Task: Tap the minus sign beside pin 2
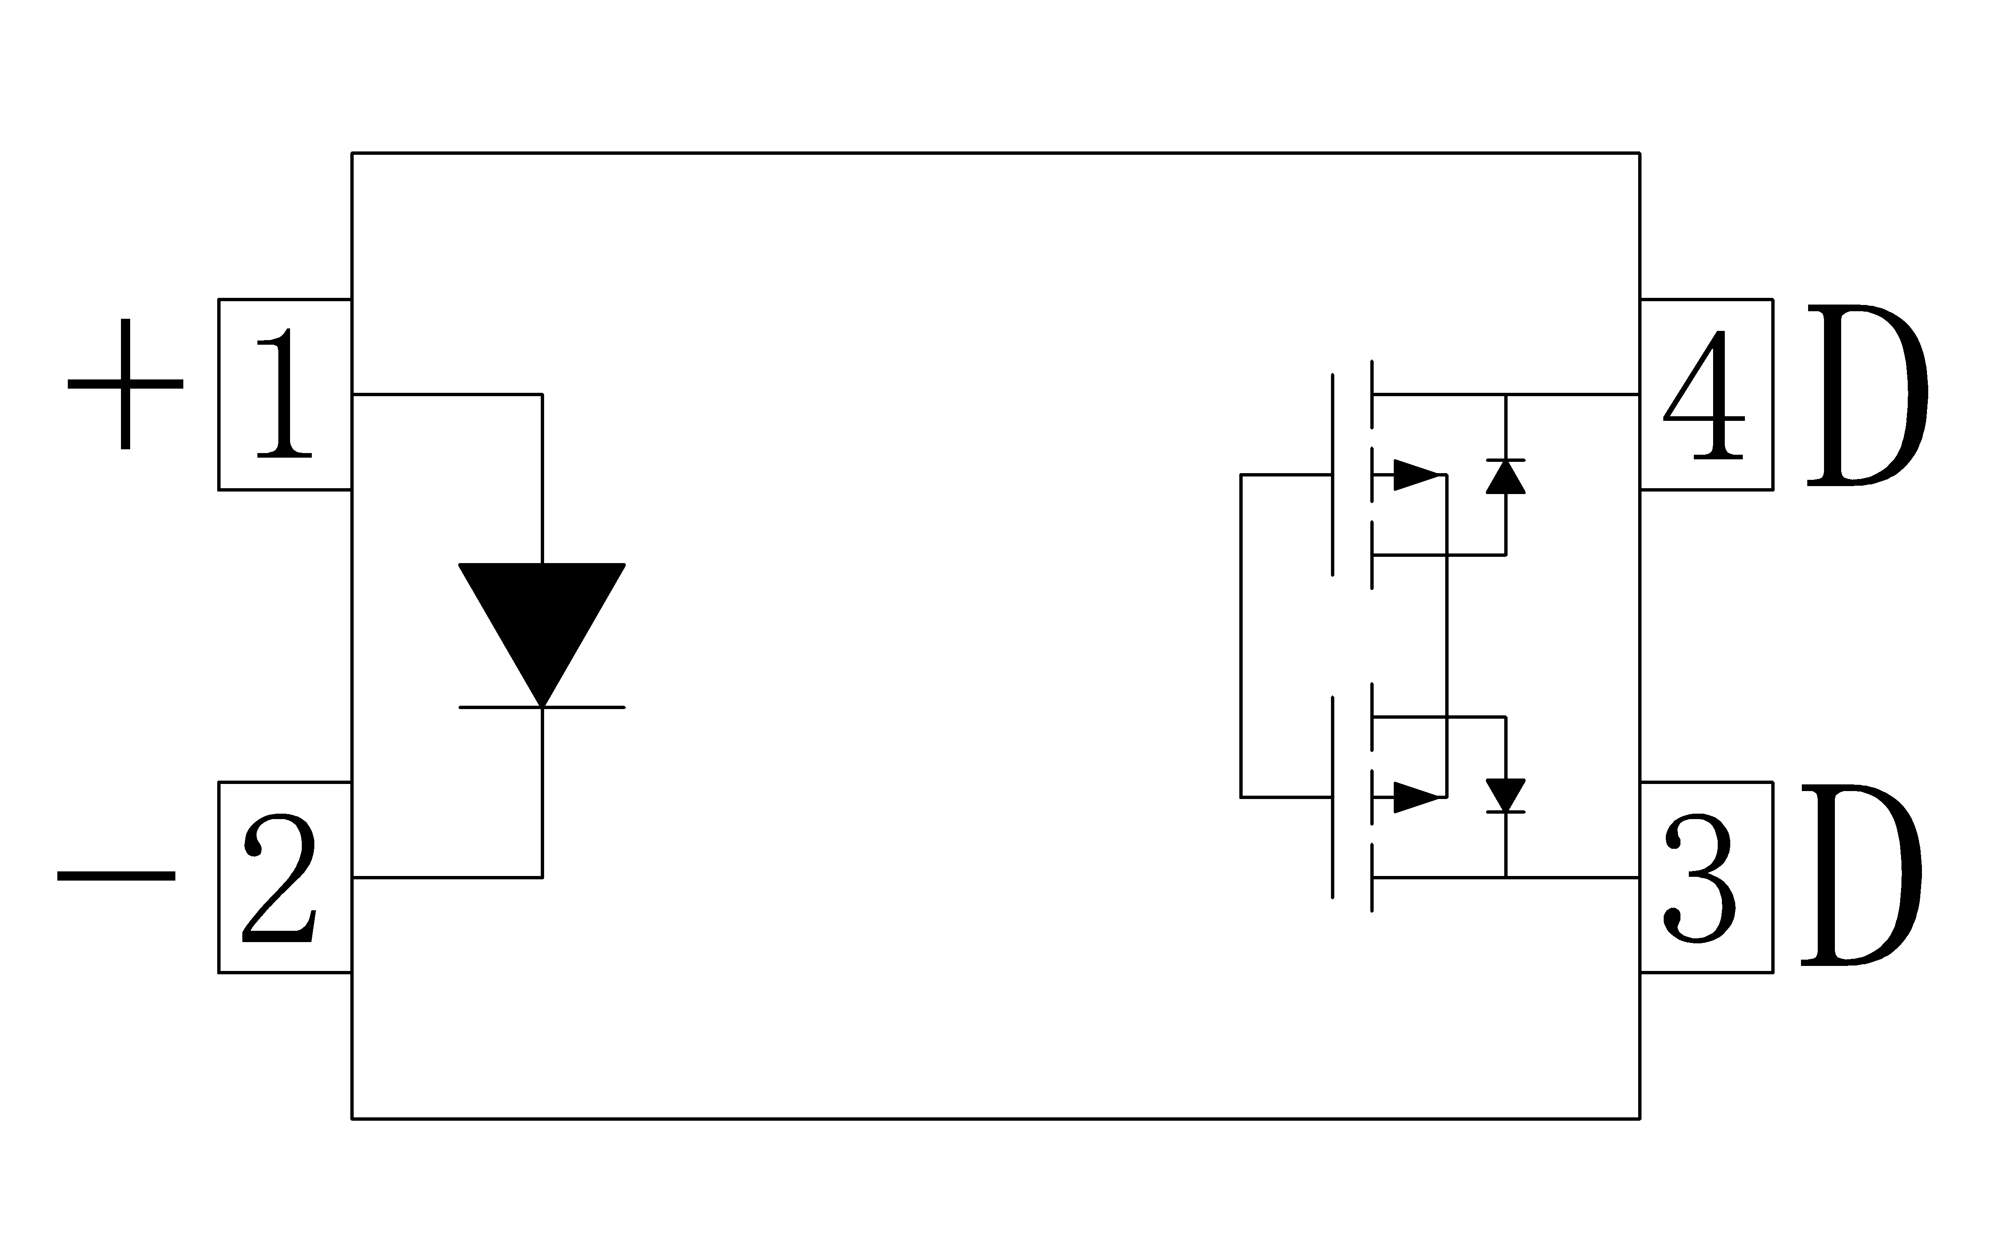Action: tap(116, 876)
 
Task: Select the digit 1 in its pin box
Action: tap(285, 392)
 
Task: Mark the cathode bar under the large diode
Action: tap(542, 707)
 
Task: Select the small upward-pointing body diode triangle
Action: tap(1505, 476)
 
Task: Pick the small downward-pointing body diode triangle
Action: tap(1505, 795)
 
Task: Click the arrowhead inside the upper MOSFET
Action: tap(1416, 475)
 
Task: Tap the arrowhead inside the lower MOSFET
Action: tap(1416, 798)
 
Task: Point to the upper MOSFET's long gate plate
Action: tap(1332, 475)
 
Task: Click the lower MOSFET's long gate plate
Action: tap(1332, 798)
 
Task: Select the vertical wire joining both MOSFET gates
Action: tap(1241, 636)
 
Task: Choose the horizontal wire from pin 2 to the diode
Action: tap(447, 877)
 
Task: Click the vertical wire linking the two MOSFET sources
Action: tap(1447, 636)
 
